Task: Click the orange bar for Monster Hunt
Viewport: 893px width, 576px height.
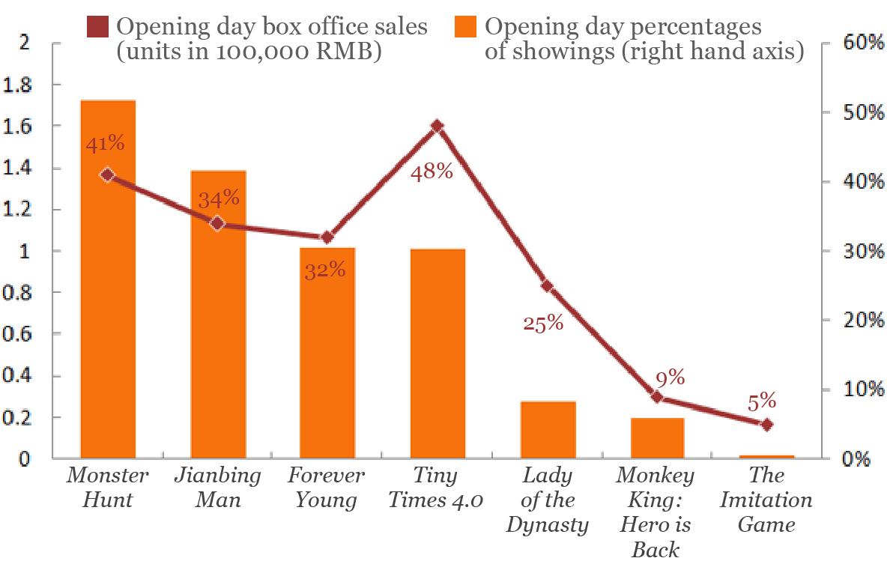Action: coord(108,300)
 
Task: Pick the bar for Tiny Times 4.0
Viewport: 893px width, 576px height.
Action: coord(438,352)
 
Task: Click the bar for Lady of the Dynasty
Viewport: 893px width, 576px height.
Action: coord(548,430)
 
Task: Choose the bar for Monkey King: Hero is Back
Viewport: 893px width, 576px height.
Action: coord(657,438)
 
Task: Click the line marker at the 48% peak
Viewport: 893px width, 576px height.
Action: coord(438,126)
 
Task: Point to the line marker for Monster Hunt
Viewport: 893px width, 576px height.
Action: coord(108,175)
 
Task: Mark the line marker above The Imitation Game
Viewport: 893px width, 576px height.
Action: coord(766,425)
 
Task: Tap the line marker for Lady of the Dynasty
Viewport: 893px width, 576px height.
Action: coord(548,286)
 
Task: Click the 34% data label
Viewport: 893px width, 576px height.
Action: coord(219,198)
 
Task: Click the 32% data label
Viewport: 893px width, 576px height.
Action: coord(325,270)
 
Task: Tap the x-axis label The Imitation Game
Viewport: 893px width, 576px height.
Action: coord(766,500)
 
